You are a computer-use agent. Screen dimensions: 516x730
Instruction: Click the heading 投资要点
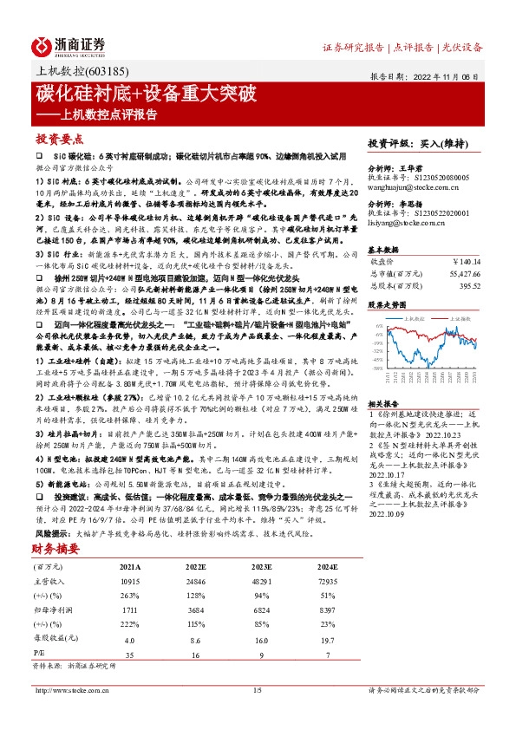click(x=59, y=139)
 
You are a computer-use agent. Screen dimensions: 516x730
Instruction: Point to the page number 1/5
click(x=257, y=690)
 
